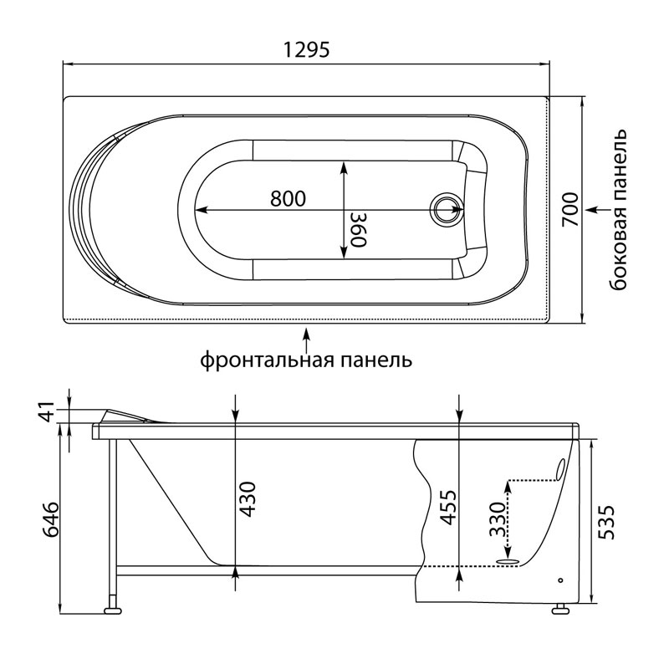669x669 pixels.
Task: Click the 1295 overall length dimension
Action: pos(306,50)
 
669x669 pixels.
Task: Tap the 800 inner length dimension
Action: pos(288,198)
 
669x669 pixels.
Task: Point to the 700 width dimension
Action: pos(569,210)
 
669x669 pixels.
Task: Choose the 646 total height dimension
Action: pos(49,519)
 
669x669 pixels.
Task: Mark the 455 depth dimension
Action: pos(448,507)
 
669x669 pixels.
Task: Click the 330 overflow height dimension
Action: pos(497,518)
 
